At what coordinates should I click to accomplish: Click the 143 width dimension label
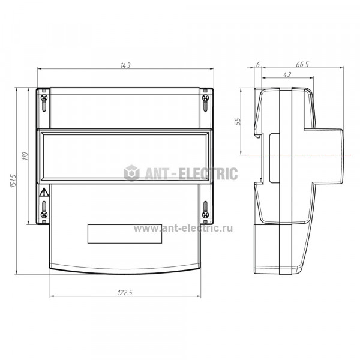pos(125,65)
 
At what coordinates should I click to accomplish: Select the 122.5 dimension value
pos(125,293)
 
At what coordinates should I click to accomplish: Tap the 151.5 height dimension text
pos(13,181)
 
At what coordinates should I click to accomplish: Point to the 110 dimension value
pos(25,156)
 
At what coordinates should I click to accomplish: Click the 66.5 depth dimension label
pos(302,65)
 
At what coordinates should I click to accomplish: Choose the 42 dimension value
pos(287,74)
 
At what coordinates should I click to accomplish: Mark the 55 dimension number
pos(238,121)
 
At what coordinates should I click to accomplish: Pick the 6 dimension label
pos(258,65)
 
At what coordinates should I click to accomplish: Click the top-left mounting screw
pos(44,98)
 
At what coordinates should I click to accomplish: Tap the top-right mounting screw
pos(205,98)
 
